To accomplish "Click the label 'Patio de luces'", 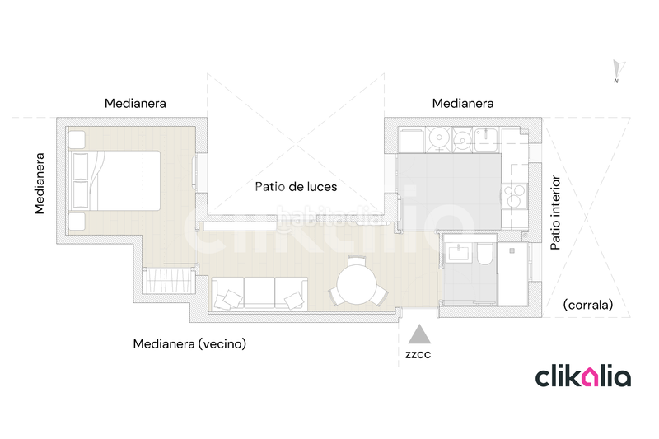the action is point(296,186).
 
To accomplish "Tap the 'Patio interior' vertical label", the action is point(555,212).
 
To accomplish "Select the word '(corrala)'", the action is point(588,305).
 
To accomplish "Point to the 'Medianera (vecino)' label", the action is point(189,344).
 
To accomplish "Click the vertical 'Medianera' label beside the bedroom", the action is point(39,184).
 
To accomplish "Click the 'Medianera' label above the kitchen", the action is point(463,103).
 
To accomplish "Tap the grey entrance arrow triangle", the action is point(419,334).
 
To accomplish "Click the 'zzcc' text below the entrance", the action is point(418,354).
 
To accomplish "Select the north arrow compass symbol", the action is point(618,71).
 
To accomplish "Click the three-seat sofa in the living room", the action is point(259,294).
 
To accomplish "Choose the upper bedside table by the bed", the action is point(77,139).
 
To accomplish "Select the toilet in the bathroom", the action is point(485,254).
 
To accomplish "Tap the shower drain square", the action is point(512,250).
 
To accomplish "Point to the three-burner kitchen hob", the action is point(514,196).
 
